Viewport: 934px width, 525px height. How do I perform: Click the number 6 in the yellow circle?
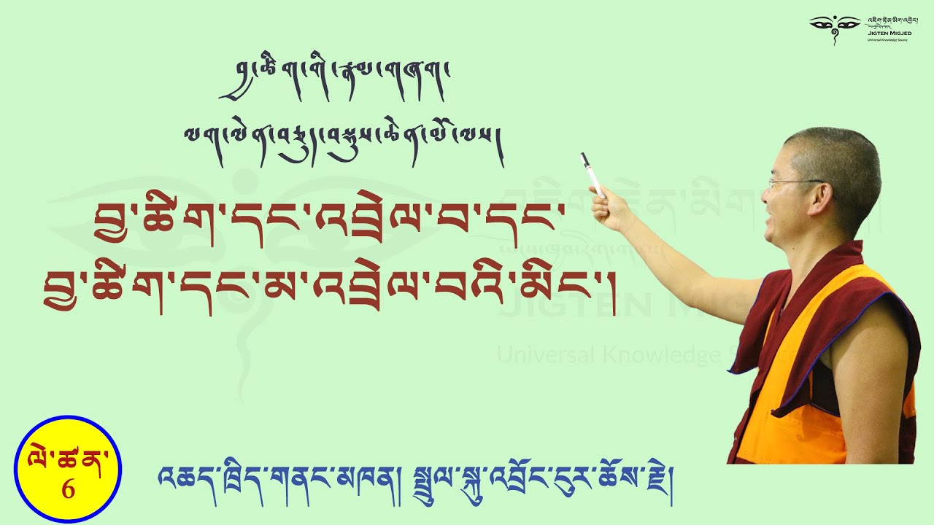click(x=68, y=489)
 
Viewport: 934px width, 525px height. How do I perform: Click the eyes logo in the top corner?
click(x=835, y=24)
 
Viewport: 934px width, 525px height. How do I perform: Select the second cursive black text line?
click(x=343, y=136)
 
